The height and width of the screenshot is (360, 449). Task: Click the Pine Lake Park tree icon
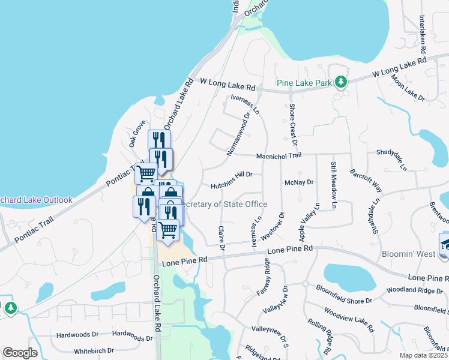coord(341,82)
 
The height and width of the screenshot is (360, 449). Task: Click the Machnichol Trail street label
coord(277,155)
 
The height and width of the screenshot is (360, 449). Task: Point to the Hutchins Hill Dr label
coord(231,175)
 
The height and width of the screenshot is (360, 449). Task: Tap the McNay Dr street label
coord(300,182)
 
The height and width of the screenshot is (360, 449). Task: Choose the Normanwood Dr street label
coord(238,134)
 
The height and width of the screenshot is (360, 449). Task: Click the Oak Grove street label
coord(137,134)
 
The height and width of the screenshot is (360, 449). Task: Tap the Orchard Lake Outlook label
coord(36,200)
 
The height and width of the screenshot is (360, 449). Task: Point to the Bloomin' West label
coord(408,254)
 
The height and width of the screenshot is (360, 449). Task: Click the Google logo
coord(20,353)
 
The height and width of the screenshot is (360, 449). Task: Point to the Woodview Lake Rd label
coord(349,320)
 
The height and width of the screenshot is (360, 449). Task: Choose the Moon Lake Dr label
coord(408,88)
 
